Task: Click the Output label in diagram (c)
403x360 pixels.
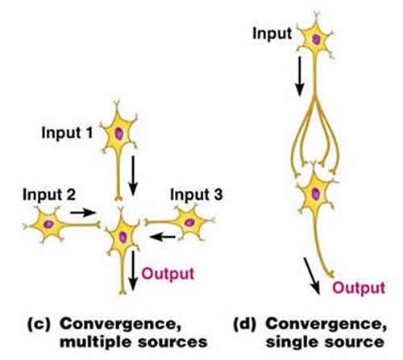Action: pos(164,272)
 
